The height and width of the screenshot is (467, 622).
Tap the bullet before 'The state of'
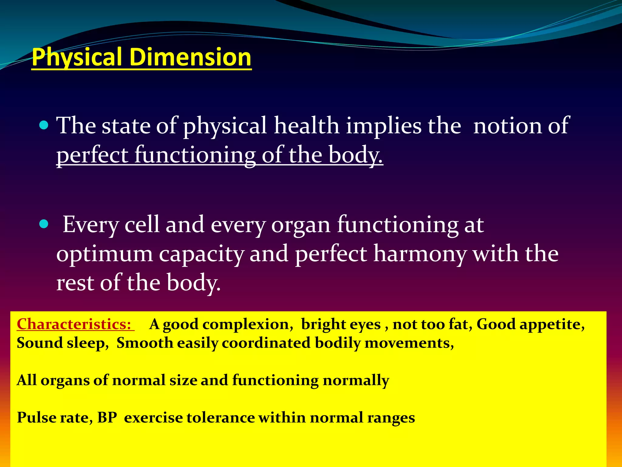click(44, 125)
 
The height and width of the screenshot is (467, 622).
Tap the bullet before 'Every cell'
click(44, 224)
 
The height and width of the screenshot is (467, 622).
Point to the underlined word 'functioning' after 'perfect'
click(195, 155)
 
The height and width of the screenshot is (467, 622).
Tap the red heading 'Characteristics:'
click(74, 324)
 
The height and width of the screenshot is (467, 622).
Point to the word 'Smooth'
click(145, 343)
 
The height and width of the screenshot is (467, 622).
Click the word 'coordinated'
click(266, 343)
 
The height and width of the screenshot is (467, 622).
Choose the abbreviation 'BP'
click(107, 417)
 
